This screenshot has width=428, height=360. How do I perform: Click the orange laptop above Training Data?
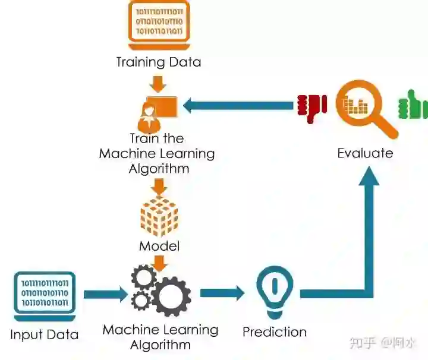(x=159, y=24)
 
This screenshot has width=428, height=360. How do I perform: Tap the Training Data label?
(x=159, y=62)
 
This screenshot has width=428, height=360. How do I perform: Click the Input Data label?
(x=44, y=334)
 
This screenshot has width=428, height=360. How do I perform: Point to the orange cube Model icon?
(x=159, y=217)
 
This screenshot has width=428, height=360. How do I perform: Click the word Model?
(x=159, y=246)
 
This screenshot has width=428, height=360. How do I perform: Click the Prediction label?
(x=274, y=331)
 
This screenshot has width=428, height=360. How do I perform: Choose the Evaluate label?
(x=365, y=153)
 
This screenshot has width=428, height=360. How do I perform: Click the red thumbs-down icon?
(x=311, y=107)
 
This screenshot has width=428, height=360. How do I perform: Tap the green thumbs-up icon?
(x=413, y=106)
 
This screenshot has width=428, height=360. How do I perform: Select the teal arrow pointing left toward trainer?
(x=238, y=106)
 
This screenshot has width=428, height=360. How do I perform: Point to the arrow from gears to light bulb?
(x=222, y=292)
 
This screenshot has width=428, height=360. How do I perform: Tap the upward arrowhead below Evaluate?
(x=369, y=178)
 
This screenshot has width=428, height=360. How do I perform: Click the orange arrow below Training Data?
(x=158, y=83)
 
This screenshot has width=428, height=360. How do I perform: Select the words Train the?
(x=156, y=138)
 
